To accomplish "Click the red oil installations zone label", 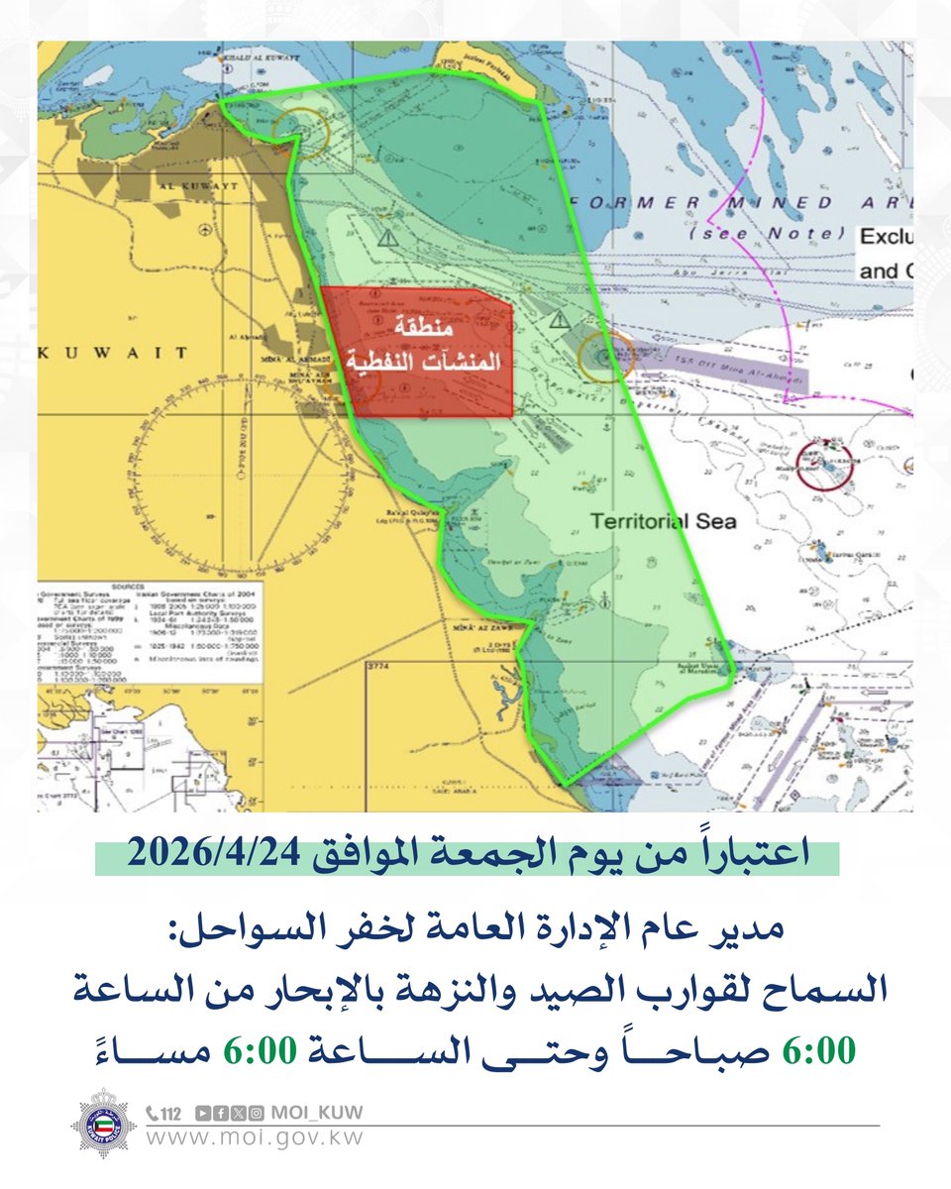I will [416, 351].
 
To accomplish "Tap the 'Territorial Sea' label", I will [663, 520].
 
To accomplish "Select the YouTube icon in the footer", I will [203, 1113].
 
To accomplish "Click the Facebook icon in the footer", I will [220, 1113].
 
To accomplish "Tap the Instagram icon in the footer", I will [257, 1113].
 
